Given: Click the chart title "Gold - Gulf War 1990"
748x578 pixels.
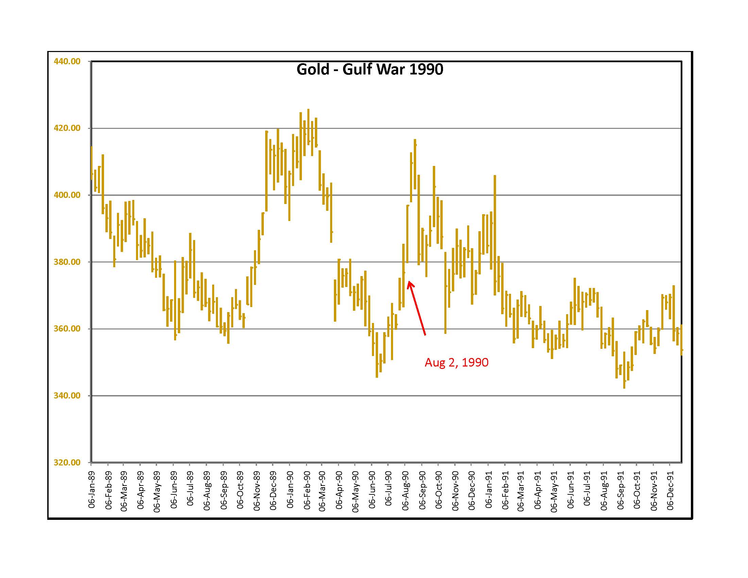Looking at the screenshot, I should coord(370,69).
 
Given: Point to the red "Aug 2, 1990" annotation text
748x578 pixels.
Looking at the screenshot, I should coord(456,362).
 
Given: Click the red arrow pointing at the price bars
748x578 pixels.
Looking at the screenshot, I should coord(417,308).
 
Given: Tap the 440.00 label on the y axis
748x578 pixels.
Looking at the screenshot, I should coord(67,61).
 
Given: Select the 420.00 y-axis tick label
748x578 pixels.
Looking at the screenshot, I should coord(67,128).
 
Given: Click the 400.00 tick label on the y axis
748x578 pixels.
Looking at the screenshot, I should coord(67,195).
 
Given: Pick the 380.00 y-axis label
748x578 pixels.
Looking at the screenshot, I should coord(67,262).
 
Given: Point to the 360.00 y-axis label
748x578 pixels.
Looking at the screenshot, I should coord(67,329).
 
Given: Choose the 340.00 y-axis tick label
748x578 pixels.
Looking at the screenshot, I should coord(67,395).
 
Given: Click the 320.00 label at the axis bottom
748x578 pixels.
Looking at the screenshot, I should coord(67,462).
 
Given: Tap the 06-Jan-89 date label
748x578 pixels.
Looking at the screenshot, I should coord(92,489).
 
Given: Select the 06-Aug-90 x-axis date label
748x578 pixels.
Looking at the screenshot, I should coord(406,491).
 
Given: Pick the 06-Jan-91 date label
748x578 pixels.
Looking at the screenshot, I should coord(489,490).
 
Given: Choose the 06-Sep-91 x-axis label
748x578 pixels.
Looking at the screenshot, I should coord(620,490).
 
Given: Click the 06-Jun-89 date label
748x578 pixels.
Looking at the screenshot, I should coord(174,490).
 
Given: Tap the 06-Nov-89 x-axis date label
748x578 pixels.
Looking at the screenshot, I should coord(257,491).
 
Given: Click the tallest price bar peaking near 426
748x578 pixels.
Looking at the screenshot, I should coord(308,127).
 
